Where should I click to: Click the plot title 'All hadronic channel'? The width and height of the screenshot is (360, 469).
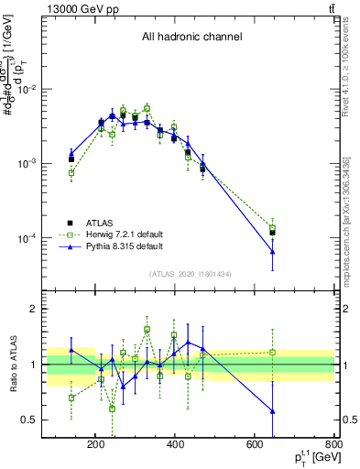(x=191, y=38)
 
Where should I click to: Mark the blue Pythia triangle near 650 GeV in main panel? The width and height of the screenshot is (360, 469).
(x=273, y=252)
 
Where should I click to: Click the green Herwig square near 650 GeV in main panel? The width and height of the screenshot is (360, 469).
(x=273, y=227)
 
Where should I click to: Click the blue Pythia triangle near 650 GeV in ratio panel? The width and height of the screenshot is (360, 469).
(x=273, y=411)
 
